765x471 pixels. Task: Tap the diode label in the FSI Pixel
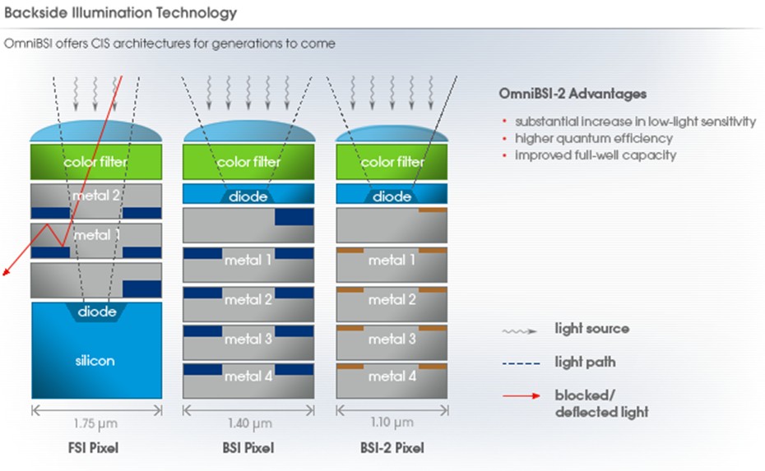(x=96, y=312)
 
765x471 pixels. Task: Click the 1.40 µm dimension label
(x=248, y=424)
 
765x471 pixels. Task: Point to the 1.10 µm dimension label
(x=392, y=424)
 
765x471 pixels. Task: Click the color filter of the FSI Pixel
(x=96, y=162)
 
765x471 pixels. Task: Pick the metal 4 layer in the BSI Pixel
(x=248, y=376)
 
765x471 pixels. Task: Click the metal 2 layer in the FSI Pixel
(x=96, y=196)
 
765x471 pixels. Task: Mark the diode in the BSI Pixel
(x=248, y=196)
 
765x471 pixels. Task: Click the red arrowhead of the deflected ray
(x=6, y=275)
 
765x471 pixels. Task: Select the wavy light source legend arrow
(x=521, y=330)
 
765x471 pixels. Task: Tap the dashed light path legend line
(x=521, y=362)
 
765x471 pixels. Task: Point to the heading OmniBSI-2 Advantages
(x=573, y=94)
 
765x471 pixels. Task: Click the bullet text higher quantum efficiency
(x=594, y=138)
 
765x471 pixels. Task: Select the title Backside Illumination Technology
(x=120, y=13)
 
